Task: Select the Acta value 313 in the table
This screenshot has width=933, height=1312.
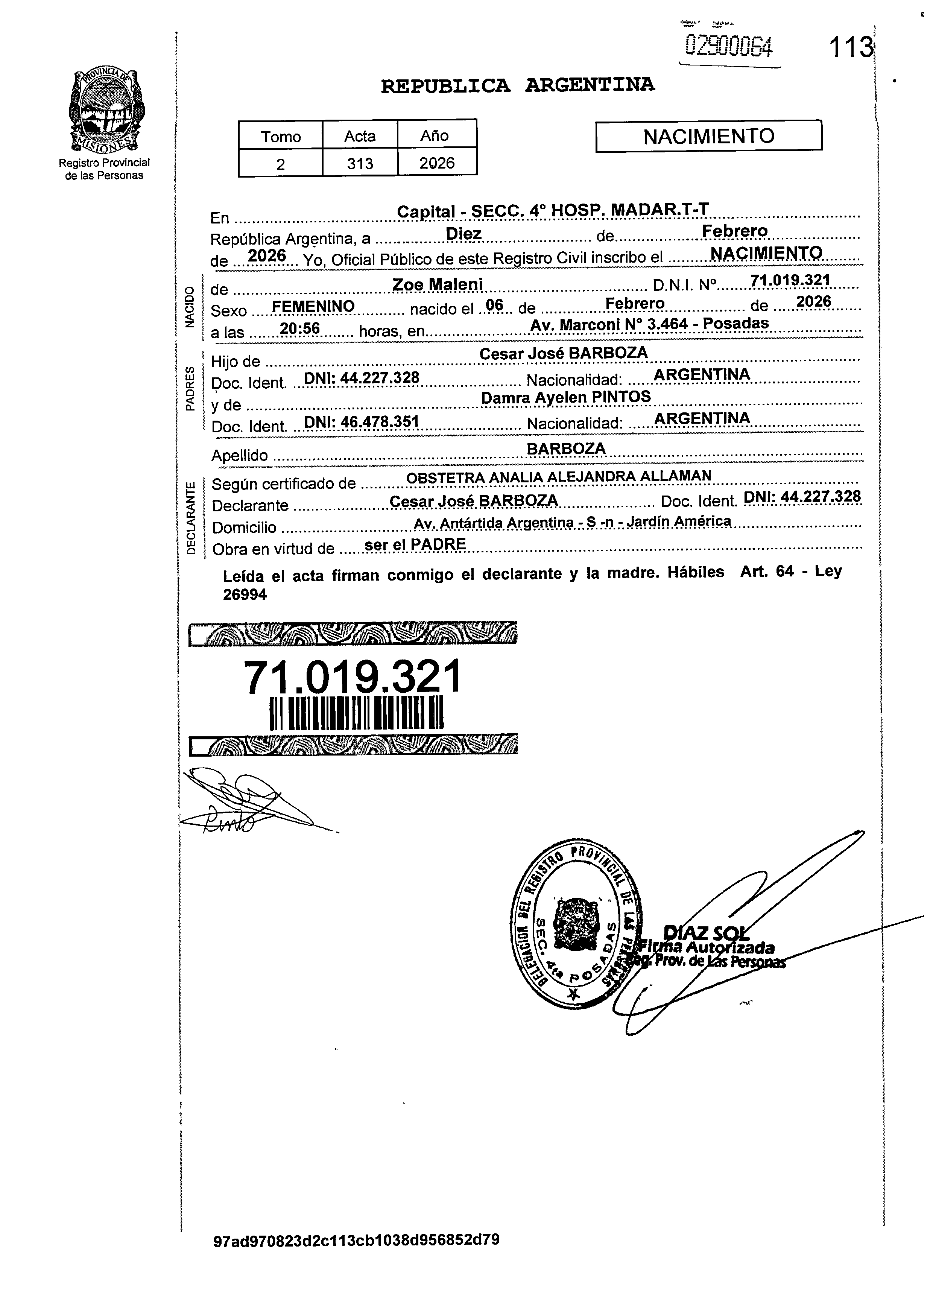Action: click(x=360, y=164)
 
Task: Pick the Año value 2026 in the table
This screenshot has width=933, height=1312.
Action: click(x=437, y=163)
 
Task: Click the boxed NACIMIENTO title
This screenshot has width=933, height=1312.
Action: click(x=708, y=136)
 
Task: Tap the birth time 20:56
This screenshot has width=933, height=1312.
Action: click(x=299, y=328)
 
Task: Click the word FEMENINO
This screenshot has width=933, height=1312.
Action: click(x=313, y=307)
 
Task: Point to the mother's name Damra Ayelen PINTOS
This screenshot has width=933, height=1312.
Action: click(x=565, y=397)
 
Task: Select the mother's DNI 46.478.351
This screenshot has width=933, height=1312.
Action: click(x=362, y=422)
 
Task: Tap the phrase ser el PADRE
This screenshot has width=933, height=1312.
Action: click(x=415, y=544)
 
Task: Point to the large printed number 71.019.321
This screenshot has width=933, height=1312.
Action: click(x=352, y=677)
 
